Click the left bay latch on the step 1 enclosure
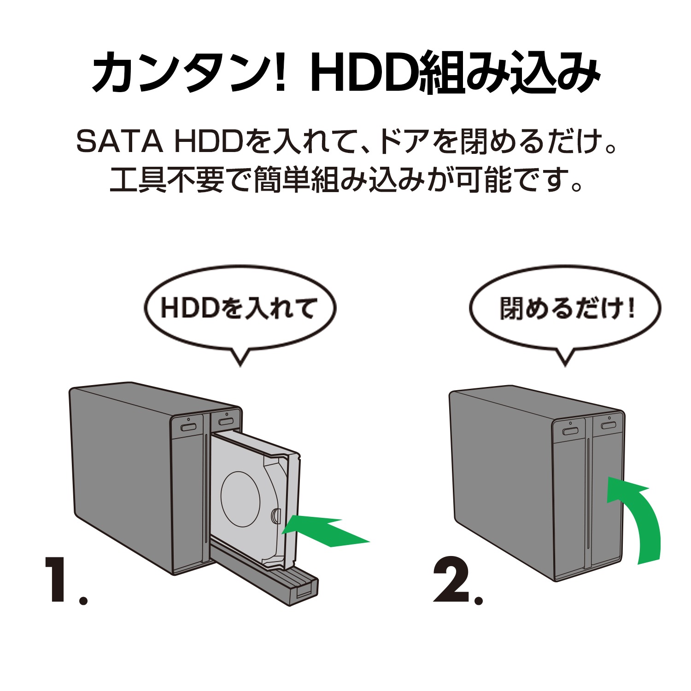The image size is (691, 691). pos(188,427)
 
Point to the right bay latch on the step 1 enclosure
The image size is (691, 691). pos(226,422)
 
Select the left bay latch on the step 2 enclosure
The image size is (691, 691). pos(571,431)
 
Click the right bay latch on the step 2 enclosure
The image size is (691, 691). pos(608,425)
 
